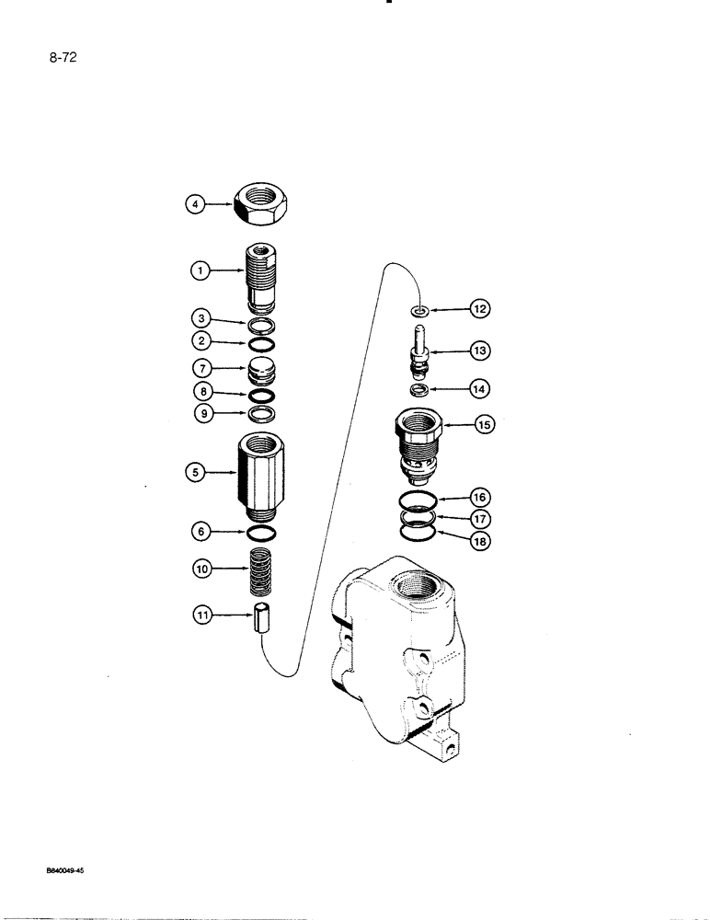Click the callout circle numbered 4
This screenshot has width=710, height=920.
(193, 205)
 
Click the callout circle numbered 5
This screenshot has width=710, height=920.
(193, 474)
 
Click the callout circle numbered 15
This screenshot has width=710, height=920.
(484, 424)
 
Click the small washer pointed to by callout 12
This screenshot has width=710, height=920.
(418, 312)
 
